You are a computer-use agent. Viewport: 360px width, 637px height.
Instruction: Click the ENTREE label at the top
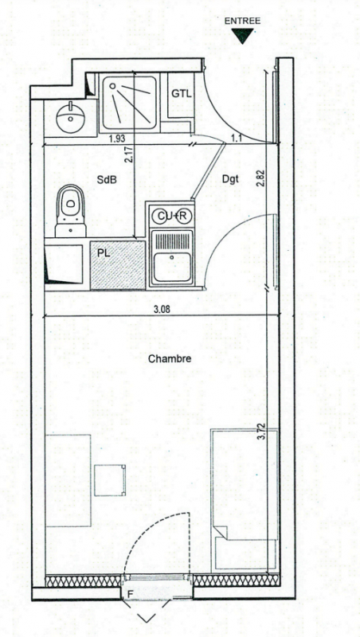tap(243, 21)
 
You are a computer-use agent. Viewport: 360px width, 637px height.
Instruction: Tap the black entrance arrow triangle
tap(243, 35)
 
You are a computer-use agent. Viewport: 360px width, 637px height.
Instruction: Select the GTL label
tap(182, 93)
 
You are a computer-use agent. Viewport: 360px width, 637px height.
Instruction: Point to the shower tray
tap(129, 104)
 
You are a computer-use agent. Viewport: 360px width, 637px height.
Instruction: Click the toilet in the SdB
tap(71, 210)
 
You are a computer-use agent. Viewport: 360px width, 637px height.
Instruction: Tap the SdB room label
tap(107, 180)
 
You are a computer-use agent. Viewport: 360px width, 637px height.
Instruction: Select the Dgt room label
tap(230, 179)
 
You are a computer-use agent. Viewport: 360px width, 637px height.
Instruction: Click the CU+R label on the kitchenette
tap(171, 217)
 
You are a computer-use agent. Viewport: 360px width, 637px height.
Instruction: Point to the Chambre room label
tap(170, 359)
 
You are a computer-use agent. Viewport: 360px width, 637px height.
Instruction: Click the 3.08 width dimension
tap(162, 310)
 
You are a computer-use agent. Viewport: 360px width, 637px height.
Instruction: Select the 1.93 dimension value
tap(117, 139)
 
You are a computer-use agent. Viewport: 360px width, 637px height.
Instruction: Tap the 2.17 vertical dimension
tap(130, 154)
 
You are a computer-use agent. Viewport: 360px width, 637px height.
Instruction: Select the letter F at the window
tap(130, 595)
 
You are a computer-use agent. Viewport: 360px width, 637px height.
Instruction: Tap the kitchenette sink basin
tap(171, 267)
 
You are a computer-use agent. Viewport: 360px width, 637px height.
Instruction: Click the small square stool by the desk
tap(110, 480)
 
